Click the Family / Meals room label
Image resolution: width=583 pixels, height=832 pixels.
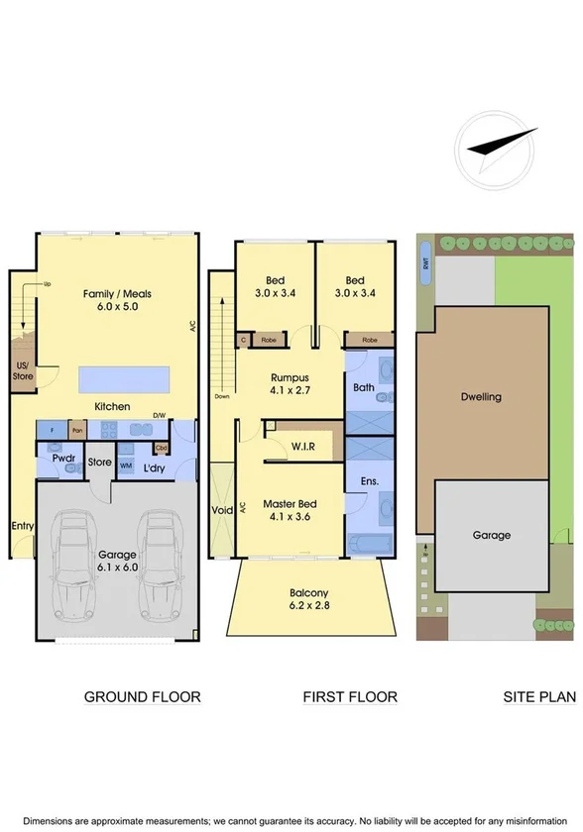point(112,300)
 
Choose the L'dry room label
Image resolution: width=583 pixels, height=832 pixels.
point(153,467)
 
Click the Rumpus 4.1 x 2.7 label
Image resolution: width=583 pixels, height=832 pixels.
point(291,383)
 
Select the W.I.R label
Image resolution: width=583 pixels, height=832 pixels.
point(302,447)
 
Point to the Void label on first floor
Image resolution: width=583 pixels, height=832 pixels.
point(221,511)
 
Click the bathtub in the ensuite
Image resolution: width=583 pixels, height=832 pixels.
point(370,545)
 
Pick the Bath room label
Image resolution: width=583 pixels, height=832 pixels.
point(363,387)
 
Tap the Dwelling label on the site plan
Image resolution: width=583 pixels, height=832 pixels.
point(481,397)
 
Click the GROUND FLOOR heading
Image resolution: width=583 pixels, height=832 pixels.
point(142,697)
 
